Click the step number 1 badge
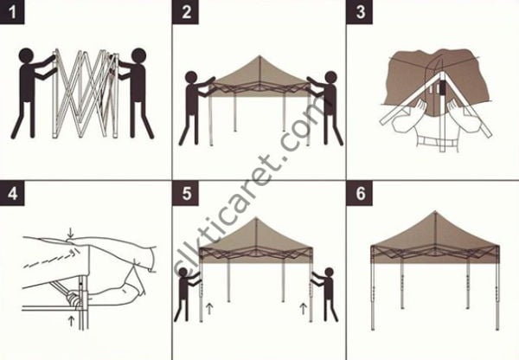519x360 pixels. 12,13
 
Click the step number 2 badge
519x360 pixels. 186,13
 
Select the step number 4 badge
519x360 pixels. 12,193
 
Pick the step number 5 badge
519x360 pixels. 186,193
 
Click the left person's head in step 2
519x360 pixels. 191,79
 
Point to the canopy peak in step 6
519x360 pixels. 434,212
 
